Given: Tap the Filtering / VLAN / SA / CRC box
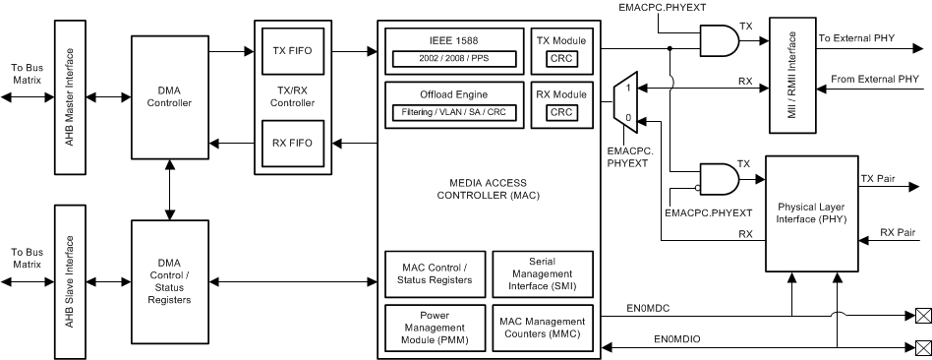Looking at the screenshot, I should [x=452, y=113].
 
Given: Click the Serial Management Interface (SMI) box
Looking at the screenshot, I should [x=543, y=272].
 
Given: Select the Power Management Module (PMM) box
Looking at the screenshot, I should [x=434, y=326].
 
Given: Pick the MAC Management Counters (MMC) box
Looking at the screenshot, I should [x=543, y=326].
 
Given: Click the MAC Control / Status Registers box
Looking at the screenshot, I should [x=434, y=272].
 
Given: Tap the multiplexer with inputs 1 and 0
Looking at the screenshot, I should [x=622, y=103].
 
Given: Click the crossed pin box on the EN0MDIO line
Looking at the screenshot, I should [x=922, y=346].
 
